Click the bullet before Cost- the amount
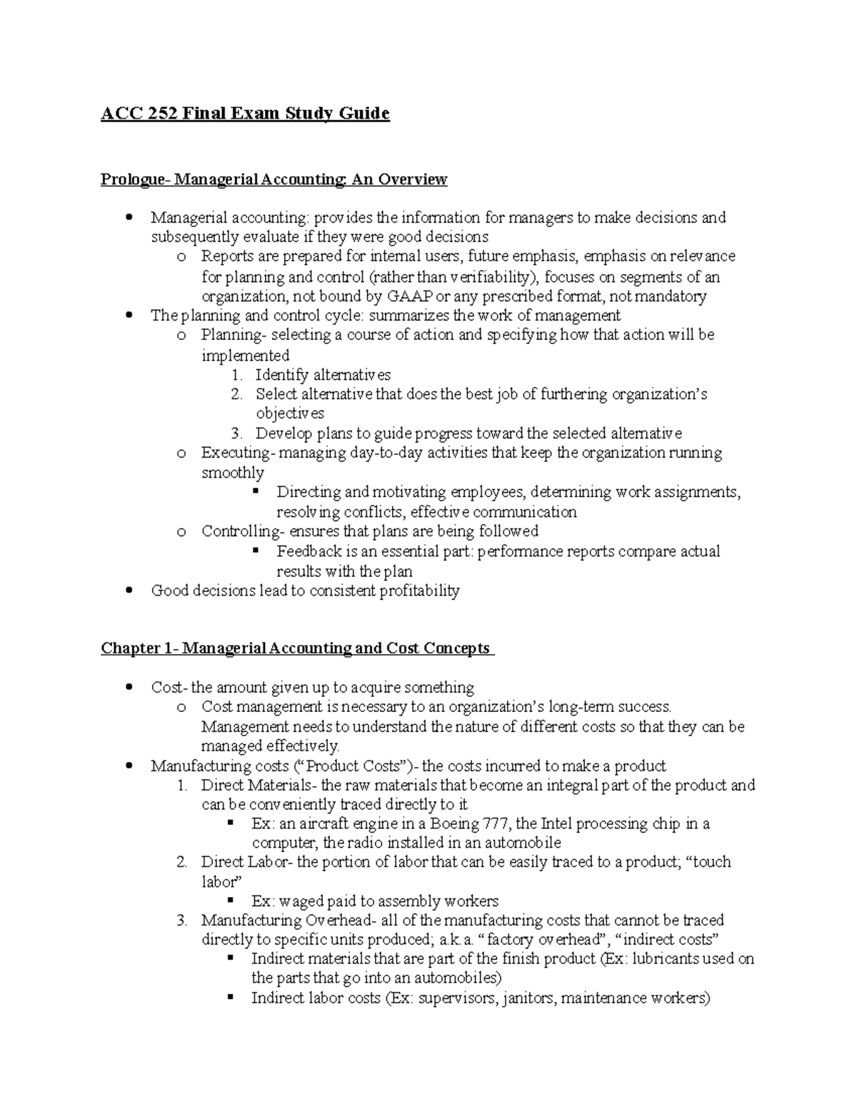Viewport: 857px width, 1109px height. (x=129, y=688)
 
